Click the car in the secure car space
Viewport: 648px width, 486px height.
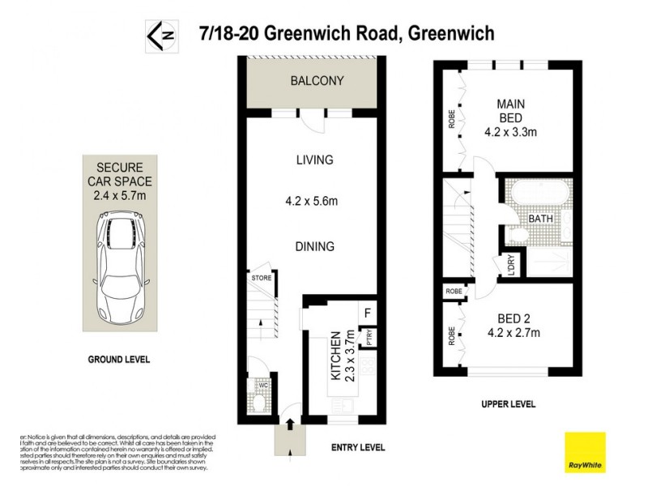[x=121, y=267]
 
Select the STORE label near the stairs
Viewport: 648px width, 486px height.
[x=262, y=278]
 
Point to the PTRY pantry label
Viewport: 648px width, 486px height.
[x=369, y=338]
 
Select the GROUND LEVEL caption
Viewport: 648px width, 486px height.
[x=118, y=359]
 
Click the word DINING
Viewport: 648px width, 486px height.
[x=314, y=246]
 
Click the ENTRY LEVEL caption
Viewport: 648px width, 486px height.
[x=358, y=447]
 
